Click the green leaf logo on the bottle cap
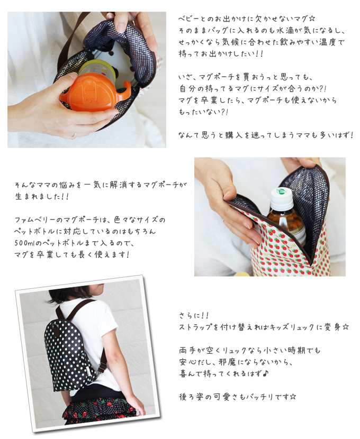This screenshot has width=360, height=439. point(280,191)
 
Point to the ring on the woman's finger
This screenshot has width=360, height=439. point(74,135)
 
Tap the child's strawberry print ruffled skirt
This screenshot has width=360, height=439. point(100,410)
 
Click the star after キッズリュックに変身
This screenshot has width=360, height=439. point(345,327)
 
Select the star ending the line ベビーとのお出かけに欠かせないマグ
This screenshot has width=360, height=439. point(311,19)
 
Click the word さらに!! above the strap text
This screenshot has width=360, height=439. point(194,315)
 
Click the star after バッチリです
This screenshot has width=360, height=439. point(293,397)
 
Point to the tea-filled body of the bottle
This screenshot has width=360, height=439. point(286,224)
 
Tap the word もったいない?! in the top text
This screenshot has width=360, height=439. point(203,112)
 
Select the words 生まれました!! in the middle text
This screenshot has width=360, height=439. point(42,196)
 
